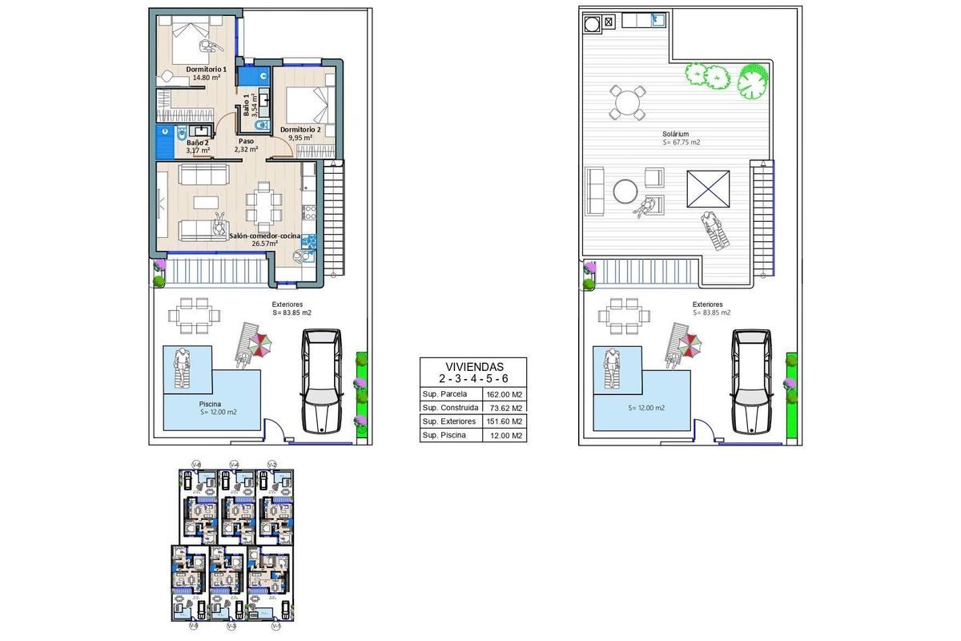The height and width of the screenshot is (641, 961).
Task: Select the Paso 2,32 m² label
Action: pyautogui.click(x=246, y=145)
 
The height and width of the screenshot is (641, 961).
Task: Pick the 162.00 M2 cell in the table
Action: pyautogui.click(x=504, y=394)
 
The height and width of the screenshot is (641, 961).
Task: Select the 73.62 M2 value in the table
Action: pyautogui.click(x=504, y=408)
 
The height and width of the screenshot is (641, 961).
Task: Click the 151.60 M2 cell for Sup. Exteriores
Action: pyautogui.click(x=504, y=421)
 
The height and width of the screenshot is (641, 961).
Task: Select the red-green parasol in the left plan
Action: pyautogui.click(x=260, y=345)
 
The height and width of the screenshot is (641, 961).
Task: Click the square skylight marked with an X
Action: pyautogui.click(x=708, y=189)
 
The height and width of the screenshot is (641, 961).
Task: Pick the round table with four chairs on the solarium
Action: pyautogui.click(x=628, y=103)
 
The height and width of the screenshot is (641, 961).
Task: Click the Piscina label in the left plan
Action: pyautogui.click(x=211, y=405)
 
